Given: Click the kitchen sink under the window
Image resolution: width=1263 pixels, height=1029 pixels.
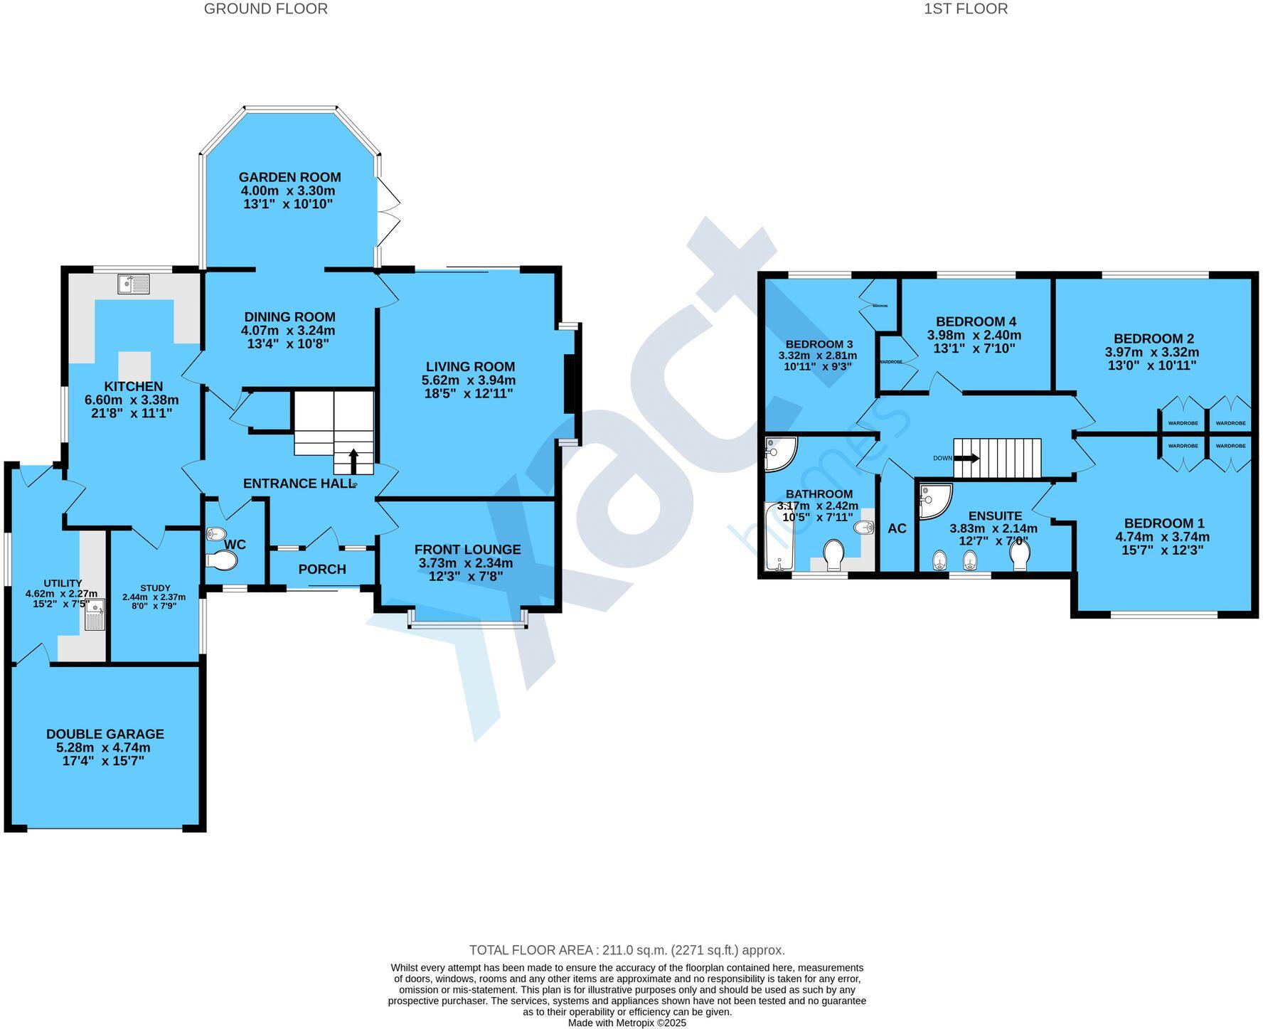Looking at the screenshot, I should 134,284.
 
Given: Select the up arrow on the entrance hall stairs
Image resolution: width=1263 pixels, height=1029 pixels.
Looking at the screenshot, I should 353,461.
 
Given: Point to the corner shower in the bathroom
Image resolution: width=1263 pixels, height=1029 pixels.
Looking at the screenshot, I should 779,453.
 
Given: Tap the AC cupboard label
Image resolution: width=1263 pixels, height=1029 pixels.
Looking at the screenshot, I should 897,528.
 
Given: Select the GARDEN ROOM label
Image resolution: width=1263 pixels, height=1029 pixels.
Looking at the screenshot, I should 289,177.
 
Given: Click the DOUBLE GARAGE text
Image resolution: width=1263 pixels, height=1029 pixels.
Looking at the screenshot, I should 105,734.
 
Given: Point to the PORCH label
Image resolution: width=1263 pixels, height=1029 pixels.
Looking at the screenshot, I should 322,569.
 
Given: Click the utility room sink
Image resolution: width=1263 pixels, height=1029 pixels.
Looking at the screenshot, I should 95,614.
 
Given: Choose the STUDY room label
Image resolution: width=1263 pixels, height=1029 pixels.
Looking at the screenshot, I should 155,587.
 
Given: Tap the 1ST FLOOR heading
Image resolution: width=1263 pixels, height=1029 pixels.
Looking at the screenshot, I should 965,9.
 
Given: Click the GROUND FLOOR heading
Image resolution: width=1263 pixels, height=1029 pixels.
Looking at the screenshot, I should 266,9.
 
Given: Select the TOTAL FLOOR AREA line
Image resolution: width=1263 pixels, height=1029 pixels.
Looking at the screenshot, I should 627,950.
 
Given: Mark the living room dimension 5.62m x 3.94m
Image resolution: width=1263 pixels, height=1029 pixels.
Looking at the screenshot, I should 469,380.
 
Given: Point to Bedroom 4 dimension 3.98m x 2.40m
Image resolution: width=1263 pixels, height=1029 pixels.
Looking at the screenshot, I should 974,335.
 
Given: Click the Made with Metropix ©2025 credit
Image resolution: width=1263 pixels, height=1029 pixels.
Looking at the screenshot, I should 627,1023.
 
